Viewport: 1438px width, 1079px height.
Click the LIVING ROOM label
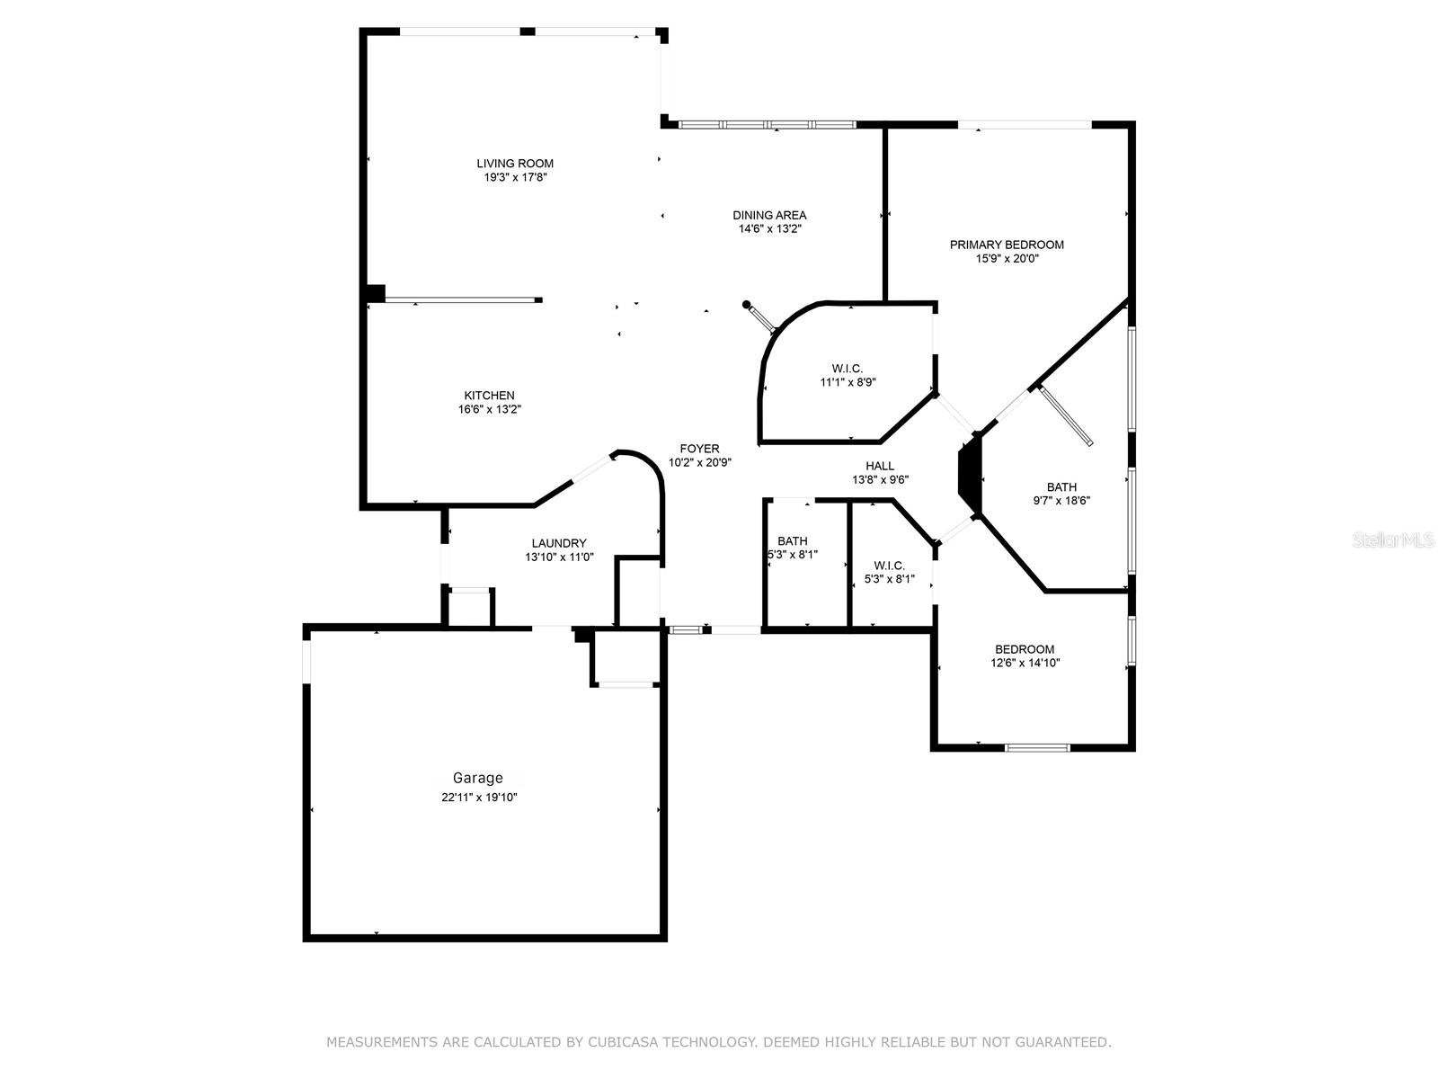tap(515, 164)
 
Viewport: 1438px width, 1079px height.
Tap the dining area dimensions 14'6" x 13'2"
tap(769, 228)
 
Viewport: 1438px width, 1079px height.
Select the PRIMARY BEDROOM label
tap(1007, 245)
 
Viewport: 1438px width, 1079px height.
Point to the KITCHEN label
tap(490, 396)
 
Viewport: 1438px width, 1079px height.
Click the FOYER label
tap(699, 449)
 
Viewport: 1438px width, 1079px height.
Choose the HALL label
tap(880, 466)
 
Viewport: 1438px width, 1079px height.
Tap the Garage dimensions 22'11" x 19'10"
tap(479, 798)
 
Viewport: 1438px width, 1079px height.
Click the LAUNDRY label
tap(559, 543)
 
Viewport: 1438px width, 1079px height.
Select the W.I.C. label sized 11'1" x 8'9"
tap(848, 369)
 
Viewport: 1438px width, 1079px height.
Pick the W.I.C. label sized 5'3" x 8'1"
tap(889, 566)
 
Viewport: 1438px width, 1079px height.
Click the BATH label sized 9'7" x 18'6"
tap(1061, 486)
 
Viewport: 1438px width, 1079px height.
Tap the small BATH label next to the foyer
tap(792, 541)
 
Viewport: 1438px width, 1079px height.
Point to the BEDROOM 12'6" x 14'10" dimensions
tap(1025, 663)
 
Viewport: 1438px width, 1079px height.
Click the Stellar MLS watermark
tap(1393, 539)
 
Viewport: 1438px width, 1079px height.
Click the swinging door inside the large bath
tap(1065, 416)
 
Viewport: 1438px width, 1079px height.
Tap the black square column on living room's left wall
tap(376, 293)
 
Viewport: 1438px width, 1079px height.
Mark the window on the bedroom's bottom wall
tap(1038, 747)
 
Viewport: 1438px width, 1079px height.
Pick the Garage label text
tap(478, 778)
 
